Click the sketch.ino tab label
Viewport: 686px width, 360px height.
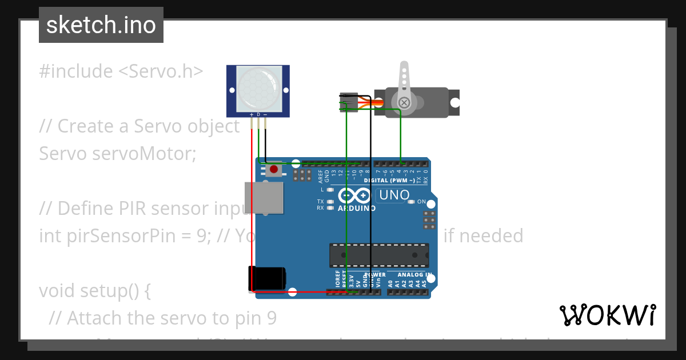click(x=101, y=25)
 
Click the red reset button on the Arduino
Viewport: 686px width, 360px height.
click(x=274, y=169)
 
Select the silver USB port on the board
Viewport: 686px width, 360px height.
click(x=263, y=197)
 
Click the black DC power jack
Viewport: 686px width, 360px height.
click(x=266, y=278)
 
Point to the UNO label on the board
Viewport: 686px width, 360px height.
click(x=394, y=195)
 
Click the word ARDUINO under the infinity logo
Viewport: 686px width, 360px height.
click(x=357, y=209)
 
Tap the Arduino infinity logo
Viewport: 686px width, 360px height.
click(x=354, y=196)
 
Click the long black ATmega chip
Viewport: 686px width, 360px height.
click(x=378, y=255)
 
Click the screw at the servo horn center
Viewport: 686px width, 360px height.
click(x=404, y=103)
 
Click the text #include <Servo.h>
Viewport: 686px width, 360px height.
click(x=121, y=71)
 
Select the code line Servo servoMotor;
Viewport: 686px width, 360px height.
click(x=117, y=154)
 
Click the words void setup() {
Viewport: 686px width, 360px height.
click(x=94, y=291)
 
